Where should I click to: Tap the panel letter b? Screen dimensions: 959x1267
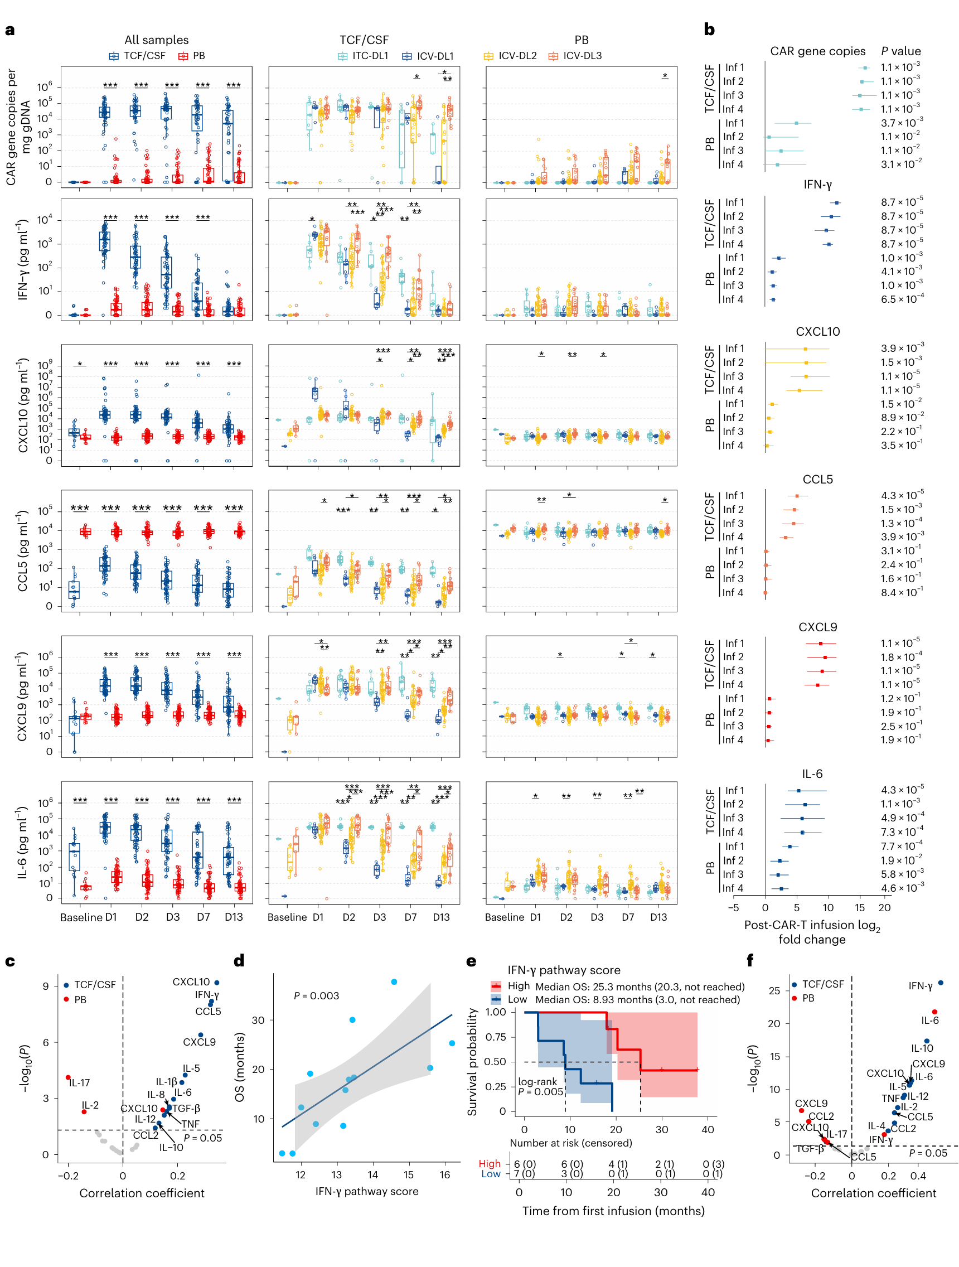click(x=709, y=29)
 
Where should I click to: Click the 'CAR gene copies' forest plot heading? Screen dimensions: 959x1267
click(x=817, y=51)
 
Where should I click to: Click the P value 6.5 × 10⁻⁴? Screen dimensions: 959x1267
click(x=902, y=298)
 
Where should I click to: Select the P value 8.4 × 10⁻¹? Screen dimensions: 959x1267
click(x=901, y=592)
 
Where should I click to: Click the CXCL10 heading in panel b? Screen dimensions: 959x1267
click(x=817, y=332)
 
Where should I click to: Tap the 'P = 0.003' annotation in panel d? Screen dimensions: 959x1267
click(x=316, y=995)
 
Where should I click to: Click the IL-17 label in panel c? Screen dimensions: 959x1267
click(x=80, y=1082)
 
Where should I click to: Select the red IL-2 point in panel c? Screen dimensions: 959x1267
click(x=84, y=1112)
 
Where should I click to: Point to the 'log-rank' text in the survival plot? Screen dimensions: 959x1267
click(x=537, y=1082)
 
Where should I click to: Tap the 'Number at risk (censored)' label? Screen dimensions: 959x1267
click(x=570, y=1143)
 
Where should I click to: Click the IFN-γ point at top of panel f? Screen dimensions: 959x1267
click(x=940, y=983)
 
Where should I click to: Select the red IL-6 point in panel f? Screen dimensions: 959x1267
click(x=934, y=1012)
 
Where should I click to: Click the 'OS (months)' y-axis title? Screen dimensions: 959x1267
click(x=239, y=1067)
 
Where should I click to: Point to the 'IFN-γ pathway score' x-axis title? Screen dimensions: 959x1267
click(x=366, y=1191)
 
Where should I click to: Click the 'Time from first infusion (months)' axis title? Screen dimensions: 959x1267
click(x=613, y=1211)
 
